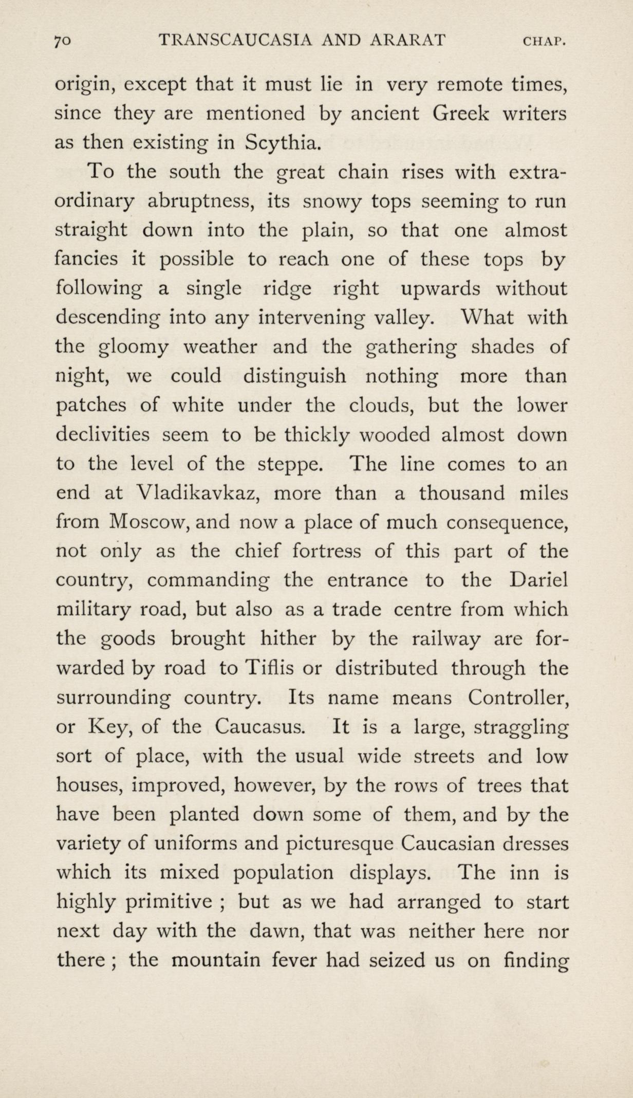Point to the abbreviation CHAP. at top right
point(544,41)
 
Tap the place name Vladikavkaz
point(195,493)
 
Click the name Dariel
point(539,580)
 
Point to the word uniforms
point(195,844)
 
